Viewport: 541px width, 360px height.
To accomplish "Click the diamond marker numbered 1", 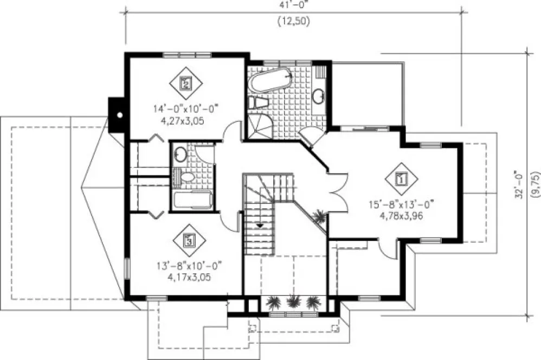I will point(402,177).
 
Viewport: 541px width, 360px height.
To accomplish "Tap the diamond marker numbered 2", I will point(186,83).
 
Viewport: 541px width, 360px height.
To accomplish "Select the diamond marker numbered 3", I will point(189,240).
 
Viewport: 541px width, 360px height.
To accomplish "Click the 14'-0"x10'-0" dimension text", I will point(178,110).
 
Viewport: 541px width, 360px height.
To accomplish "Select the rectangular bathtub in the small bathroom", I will point(192,200).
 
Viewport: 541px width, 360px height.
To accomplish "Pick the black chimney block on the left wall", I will point(116,113).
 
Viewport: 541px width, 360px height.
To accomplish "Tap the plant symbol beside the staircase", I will point(320,216).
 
